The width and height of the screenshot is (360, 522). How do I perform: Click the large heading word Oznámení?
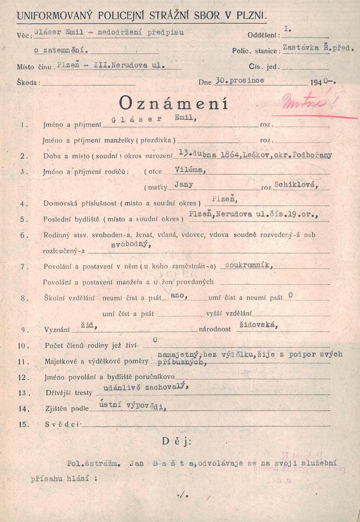click(173, 104)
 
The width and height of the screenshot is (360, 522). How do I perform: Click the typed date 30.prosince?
click(240, 81)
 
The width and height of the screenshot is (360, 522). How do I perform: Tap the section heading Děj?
click(176, 442)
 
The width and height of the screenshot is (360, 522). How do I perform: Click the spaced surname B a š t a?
click(174, 462)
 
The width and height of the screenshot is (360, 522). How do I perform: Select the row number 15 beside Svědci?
click(24, 424)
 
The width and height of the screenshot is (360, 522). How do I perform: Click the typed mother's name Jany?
click(184, 185)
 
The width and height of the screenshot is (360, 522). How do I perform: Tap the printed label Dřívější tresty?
click(67, 393)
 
